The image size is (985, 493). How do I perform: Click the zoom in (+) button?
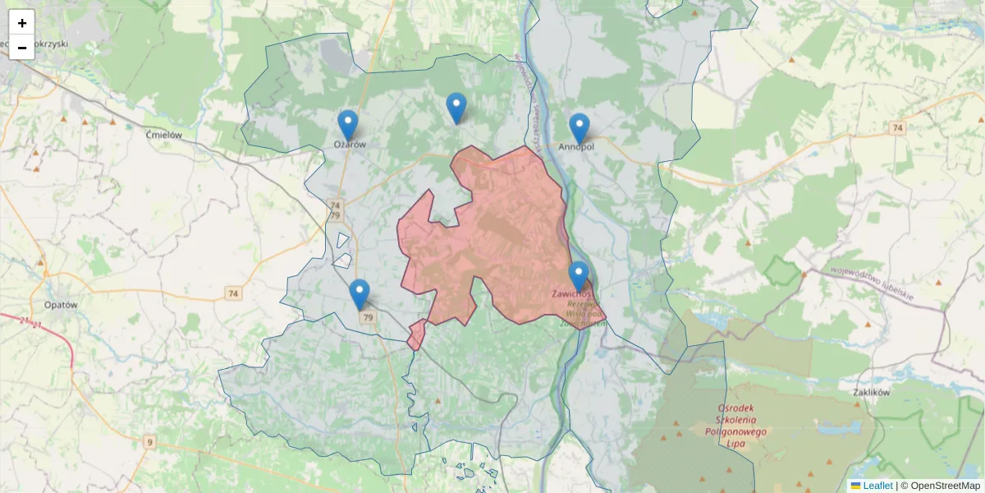coord(22,23)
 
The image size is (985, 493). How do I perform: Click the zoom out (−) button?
coord(22,48)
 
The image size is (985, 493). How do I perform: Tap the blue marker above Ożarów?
coord(348,125)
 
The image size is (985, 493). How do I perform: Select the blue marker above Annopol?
coord(580,128)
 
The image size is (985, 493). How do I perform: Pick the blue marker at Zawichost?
coord(579,276)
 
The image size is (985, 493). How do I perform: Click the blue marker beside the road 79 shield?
coord(359,294)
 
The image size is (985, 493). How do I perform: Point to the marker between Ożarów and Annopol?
coord(456,108)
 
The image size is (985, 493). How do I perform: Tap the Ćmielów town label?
coord(163,135)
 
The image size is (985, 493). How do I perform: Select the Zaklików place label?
coord(872,393)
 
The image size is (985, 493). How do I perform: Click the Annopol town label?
coord(576,147)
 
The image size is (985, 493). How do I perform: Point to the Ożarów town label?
coord(349,144)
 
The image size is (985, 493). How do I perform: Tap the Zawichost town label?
coord(572,293)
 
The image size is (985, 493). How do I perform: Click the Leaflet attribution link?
coord(877,486)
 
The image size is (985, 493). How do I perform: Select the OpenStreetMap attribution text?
coord(945,486)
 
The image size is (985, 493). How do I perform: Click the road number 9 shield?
coord(149,442)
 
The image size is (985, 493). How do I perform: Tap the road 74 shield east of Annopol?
coord(898,128)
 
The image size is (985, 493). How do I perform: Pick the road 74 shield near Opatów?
coord(234,293)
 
